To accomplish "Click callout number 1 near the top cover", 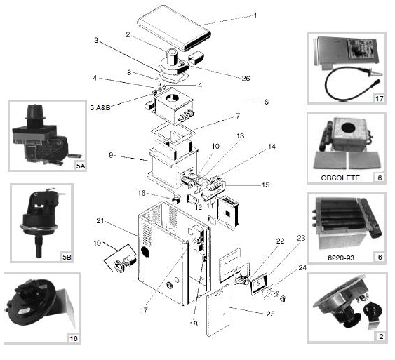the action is [255, 15].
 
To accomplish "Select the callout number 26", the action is [246, 79].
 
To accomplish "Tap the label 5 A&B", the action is [100, 108].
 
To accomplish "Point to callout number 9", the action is [111, 155].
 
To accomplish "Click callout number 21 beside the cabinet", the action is [100, 220].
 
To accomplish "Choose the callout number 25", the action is [270, 314].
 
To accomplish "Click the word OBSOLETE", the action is [340, 178].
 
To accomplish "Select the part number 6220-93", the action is [341, 258].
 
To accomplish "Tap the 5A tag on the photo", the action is [81, 166].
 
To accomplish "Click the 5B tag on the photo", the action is [67, 258].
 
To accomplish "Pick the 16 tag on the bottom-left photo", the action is [74, 338].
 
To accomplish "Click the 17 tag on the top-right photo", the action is [380, 98].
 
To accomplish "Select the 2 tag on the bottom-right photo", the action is [381, 336].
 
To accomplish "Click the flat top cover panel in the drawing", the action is [174, 27].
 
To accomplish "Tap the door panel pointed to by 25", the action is [217, 310].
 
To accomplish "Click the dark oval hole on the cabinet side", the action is [145, 252].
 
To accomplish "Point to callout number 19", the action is [98, 244].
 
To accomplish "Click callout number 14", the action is [272, 147].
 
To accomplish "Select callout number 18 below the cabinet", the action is [194, 324].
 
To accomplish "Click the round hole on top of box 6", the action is [173, 98].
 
